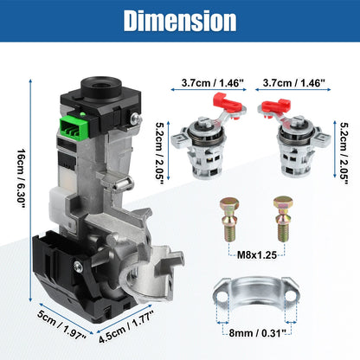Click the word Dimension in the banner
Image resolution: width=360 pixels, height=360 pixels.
pos(180,21)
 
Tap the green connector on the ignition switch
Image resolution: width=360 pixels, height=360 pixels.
pos(74,128)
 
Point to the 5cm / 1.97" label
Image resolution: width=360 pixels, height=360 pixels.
pos(61,325)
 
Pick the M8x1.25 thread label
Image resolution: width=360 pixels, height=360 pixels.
pos(257,254)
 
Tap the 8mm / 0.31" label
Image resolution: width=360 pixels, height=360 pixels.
pos(257,333)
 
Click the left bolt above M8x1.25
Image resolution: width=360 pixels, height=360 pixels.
pos(229,219)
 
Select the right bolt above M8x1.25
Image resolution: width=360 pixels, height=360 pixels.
pos(283,219)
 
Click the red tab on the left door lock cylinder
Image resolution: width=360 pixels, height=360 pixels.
pos(227,102)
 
